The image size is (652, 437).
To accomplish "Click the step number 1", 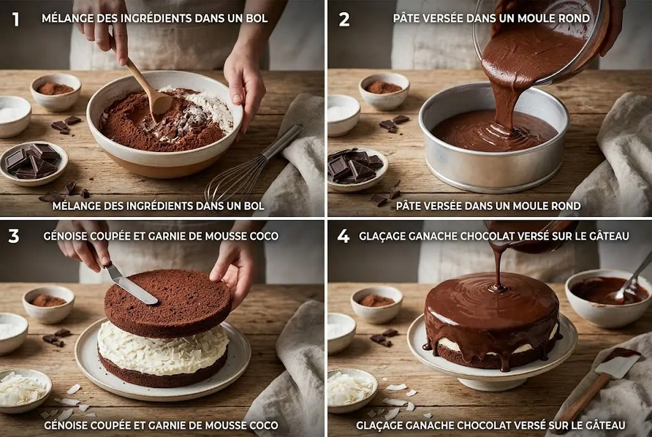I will click(x=16, y=19).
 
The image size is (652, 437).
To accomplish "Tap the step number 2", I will click(x=344, y=19).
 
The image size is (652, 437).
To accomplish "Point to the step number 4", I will click(x=344, y=237).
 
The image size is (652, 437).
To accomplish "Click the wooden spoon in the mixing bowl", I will click(x=146, y=86).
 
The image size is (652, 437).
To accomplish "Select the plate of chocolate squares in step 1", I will click(x=33, y=163).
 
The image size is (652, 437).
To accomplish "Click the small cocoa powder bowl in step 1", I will click(x=56, y=92).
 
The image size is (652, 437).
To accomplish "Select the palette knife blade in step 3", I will click(x=131, y=286).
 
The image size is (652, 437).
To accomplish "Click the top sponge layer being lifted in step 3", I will click(x=169, y=302).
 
